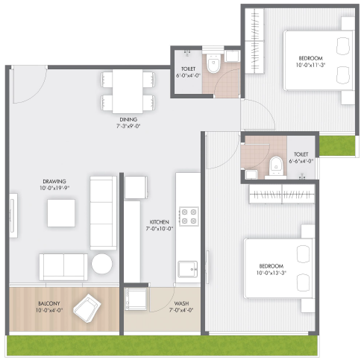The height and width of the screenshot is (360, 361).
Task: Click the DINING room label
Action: [x=128, y=119]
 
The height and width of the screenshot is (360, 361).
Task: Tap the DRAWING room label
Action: [x=54, y=181]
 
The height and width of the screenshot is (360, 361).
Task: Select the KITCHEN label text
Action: [x=160, y=222]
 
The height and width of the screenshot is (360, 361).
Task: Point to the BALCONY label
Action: [x=49, y=303]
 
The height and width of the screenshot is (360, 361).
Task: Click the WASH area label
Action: [x=181, y=303]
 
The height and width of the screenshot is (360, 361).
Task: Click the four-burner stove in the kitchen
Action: [x=189, y=216]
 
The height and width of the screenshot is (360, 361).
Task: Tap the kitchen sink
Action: [x=188, y=269]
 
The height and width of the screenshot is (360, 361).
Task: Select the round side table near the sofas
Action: [x=101, y=264]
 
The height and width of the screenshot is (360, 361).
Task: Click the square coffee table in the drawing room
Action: [x=61, y=213]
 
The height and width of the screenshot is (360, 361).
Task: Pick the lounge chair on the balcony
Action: [x=87, y=308]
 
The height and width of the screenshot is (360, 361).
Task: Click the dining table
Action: [x=128, y=92]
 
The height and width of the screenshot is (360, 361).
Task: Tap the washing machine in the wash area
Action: [x=136, y=299]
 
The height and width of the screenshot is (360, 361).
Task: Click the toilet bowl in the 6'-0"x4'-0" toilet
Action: [x=213, y=63]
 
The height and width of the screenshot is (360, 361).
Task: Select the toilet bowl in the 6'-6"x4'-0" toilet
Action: [x=276, y=165]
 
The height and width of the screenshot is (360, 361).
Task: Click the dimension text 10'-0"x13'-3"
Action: [x=271, y=273]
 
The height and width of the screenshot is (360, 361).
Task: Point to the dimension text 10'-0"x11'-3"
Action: [x=310, y=65]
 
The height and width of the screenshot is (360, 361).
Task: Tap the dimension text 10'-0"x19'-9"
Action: [x=54, y=188]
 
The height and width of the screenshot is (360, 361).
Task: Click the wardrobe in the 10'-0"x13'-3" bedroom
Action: [x=282, y=194]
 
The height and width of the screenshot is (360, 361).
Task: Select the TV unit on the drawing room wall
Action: [x=13, y=215]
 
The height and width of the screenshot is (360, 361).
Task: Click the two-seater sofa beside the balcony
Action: [x=63, y=268]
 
